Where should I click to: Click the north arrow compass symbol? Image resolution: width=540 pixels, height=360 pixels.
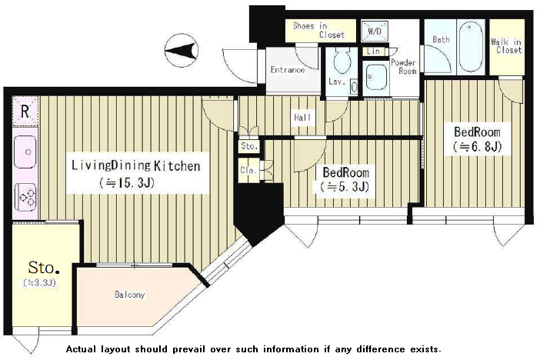pos(182,51)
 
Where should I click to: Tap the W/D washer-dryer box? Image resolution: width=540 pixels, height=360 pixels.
pos(375,31)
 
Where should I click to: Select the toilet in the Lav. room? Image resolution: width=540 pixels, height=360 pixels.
pos(342,60)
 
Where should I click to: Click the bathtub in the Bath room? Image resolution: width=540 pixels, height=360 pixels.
pos(470,46)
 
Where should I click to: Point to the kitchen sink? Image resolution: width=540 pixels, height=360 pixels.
pos(25,152)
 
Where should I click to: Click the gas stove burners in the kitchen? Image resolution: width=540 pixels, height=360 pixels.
pos(25,197)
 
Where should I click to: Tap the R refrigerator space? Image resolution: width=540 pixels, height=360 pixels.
pos(25,112)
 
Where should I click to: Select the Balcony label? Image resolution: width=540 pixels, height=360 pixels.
pos(130,295)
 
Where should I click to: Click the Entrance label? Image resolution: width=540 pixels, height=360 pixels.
pos(288,70)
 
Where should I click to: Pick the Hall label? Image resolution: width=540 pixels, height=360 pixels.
pos(302,118)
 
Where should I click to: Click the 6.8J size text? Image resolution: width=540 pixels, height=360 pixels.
pos(477,147)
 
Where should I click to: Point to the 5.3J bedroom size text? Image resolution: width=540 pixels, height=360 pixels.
pos(345,187)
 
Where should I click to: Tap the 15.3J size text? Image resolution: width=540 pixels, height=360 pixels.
pos(128,183)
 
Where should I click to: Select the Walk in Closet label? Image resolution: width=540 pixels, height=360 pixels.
pos(506,46)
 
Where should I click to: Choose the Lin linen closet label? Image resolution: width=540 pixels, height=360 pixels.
pos(373,52)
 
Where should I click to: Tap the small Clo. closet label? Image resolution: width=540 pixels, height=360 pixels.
pos(248,170)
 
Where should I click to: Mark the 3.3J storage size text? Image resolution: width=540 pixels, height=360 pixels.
pos(39,283)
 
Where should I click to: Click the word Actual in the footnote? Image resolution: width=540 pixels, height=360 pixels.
pos(81,349)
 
